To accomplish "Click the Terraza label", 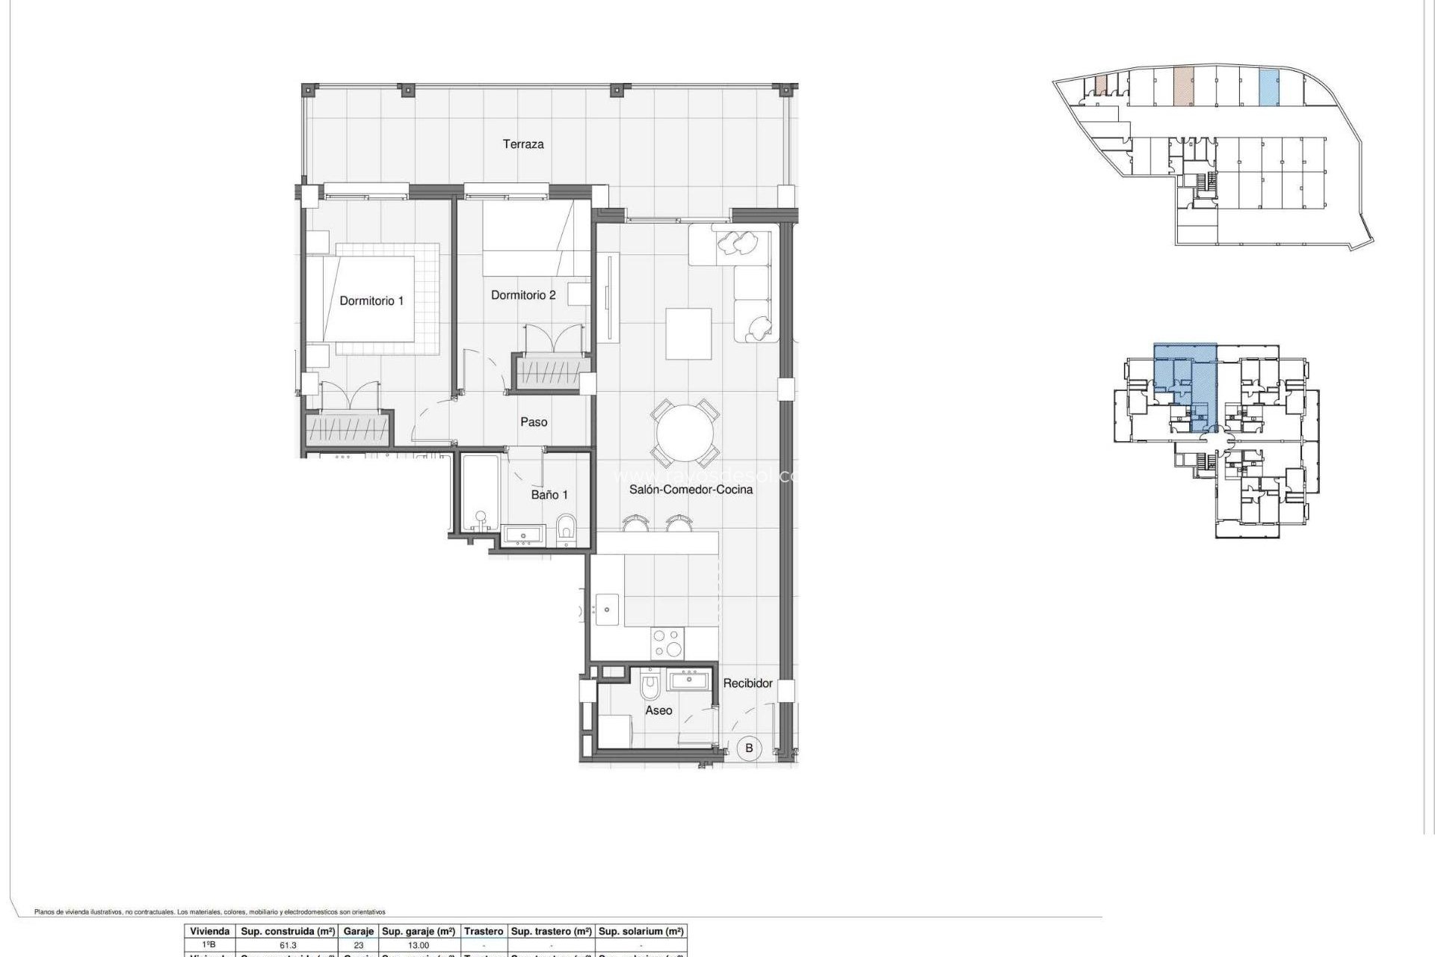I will coord(522,144).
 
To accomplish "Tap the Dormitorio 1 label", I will coord(371,301).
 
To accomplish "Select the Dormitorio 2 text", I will coord(523,295).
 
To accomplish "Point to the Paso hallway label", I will coord(534,422).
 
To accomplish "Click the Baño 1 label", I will coord(549,495).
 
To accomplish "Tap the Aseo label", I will coord(658,710).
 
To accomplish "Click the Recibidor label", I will coord(747,683).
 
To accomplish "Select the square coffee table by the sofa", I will coord(688,333).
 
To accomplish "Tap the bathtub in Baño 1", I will coord(479,493).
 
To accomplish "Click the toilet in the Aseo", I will coord(649,684).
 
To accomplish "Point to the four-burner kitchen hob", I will coord(667,643).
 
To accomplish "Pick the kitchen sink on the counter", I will coord(607,609).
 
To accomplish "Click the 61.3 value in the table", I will coord(286,945).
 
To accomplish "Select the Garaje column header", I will coord(359,932).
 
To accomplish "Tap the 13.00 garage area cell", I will coord(419,945).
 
